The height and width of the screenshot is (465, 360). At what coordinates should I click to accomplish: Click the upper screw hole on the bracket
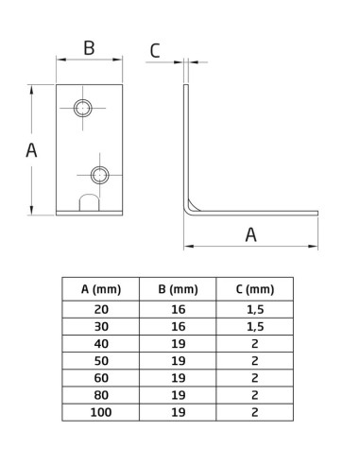click(84, 108)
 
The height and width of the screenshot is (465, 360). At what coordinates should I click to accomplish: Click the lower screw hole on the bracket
click(99, 173)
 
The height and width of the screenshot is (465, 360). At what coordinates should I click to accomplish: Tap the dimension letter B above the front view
click(88, 47)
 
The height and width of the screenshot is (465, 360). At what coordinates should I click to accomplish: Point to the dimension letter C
click(155, 51)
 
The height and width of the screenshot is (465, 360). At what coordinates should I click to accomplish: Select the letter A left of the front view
click(31, 149)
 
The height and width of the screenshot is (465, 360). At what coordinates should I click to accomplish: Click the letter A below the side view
click(251, 234)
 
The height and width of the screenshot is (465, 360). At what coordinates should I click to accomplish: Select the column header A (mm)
click(100, 289)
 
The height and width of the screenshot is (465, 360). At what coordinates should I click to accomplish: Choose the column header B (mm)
click(178, 289)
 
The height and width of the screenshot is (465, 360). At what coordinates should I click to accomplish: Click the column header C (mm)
click(254, 289)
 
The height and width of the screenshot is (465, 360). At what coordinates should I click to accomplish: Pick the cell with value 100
click(100, 411)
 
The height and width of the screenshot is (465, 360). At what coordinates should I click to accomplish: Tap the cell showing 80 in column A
click(100, 394)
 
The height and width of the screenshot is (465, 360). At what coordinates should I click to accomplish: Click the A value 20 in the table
click(100, 308)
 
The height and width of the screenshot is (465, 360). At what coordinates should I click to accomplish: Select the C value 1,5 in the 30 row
click(254, 325)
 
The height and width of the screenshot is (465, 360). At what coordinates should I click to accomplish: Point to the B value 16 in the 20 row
click(178, 308)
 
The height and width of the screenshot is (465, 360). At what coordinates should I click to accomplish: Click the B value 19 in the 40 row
click(178, 342)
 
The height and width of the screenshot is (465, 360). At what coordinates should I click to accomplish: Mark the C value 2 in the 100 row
click(254, 411)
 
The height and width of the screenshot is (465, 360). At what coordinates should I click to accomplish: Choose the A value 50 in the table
click(100, 360)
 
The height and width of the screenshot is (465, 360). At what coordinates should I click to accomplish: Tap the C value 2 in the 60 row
click(254, 377)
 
